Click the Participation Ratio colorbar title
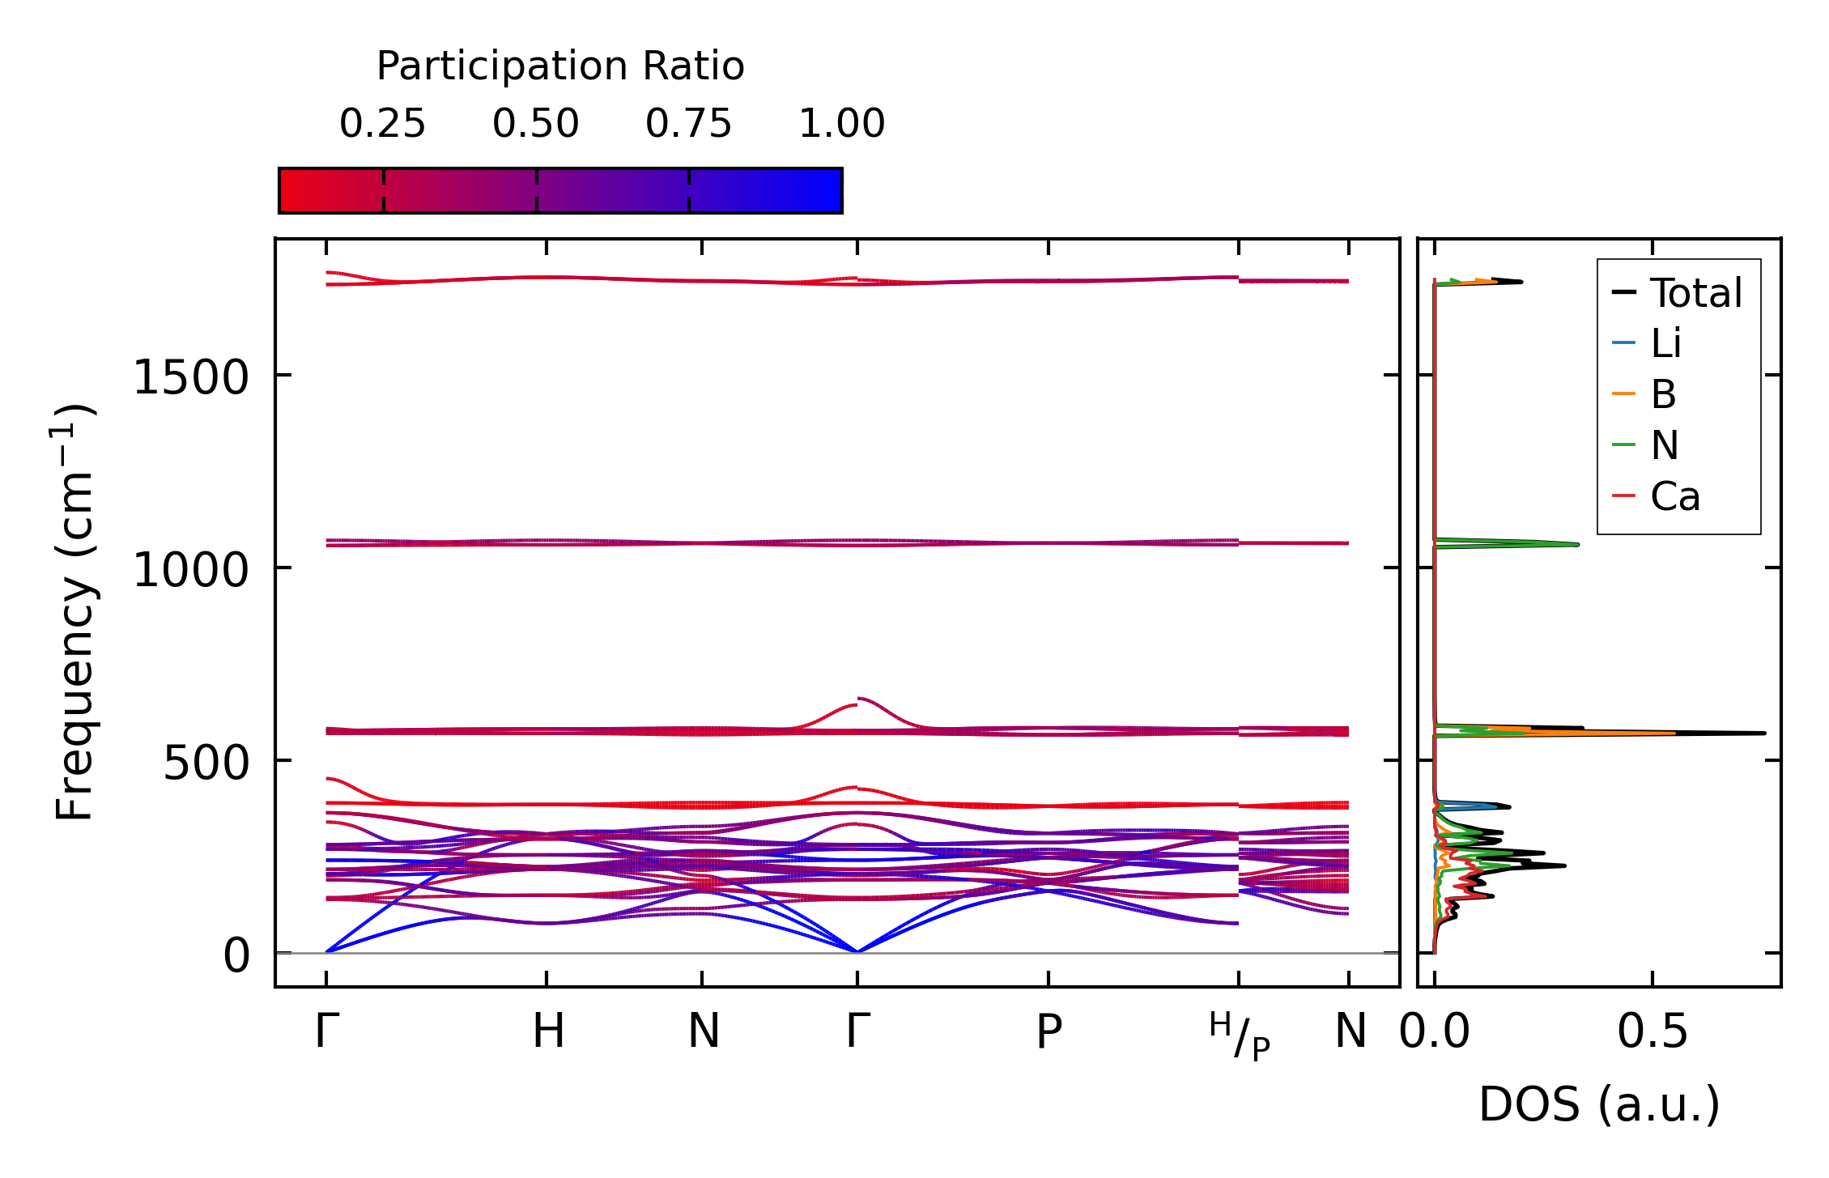point(560,66)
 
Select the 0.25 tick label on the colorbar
point(382,124)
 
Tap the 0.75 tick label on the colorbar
point(688,124)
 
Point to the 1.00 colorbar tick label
point(841,124)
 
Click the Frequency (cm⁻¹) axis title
point(74,612)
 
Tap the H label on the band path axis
point(548,1031)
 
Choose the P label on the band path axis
point(1048,1031)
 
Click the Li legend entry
point(1665,343)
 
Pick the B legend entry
point(1663,394)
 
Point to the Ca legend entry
point(1674,496)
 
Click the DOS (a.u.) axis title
point(1599,1104)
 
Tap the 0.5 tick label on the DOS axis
point(1652,1031)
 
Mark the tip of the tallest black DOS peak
point(1763,733)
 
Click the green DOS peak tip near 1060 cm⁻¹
point(1577,544)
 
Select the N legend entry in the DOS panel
point(1664,445)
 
